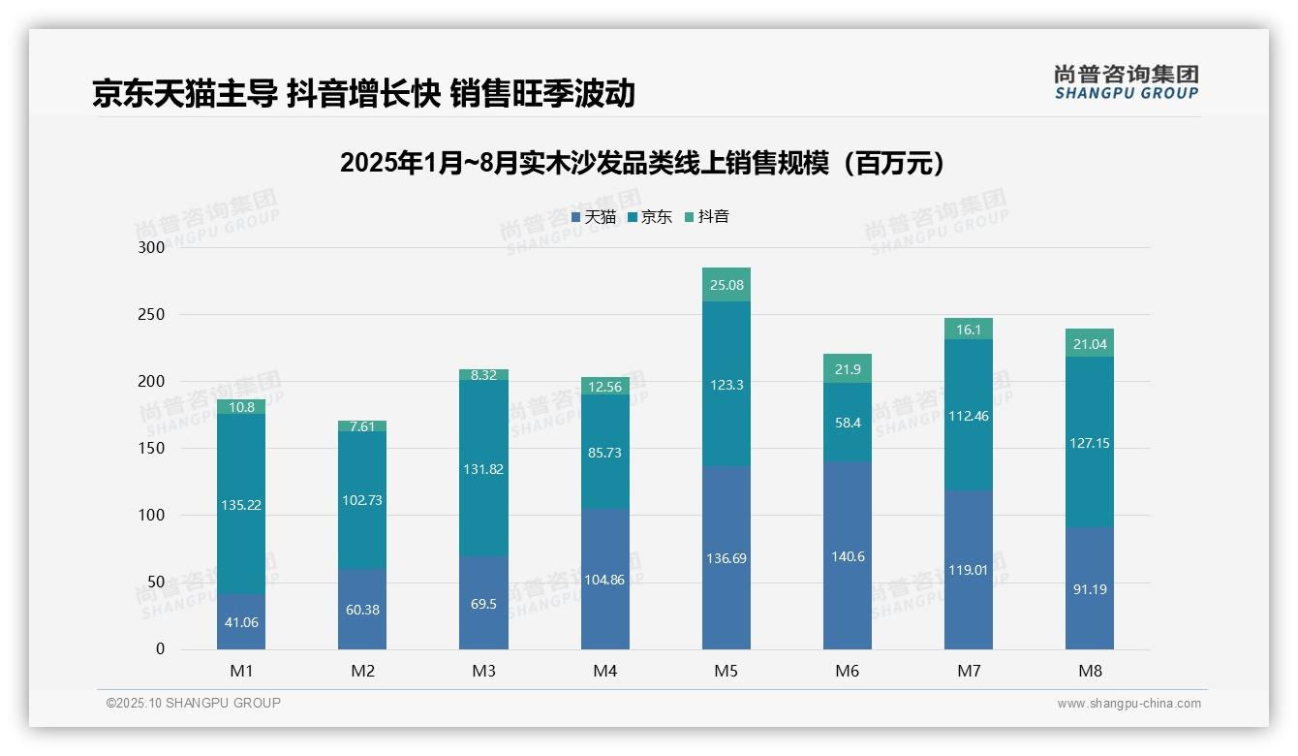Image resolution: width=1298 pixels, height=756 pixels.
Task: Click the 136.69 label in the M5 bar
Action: coord(726,558)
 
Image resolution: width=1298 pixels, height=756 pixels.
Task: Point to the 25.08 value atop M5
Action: coord(726,285)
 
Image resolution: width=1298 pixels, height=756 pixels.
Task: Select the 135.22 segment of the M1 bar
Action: coord(241,505)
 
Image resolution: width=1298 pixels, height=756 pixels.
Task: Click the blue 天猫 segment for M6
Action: coord(848,555)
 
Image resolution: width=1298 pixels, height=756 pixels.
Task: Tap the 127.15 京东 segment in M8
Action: coord(1090,443)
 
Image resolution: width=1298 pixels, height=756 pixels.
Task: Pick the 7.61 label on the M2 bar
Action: coord(362,426)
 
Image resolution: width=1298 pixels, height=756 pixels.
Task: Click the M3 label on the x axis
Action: coord(483,671)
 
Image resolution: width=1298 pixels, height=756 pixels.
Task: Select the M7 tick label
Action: coord(969,671)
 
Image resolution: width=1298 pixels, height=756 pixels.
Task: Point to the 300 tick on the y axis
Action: coord(152,247)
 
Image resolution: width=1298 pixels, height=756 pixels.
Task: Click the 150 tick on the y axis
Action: coord(152,449)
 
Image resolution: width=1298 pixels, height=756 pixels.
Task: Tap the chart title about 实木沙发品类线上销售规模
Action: coord(642,163)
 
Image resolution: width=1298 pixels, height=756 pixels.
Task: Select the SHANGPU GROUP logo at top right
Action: coord(1126,82)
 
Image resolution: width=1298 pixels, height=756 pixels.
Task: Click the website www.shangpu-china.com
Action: coord(1128,704)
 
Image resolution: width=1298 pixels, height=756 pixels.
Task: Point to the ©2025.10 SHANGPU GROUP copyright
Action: coord(194,704)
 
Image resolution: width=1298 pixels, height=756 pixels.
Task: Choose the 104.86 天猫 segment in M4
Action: coord(604,580)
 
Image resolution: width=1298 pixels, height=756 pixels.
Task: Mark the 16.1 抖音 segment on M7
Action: coord(969,330)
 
